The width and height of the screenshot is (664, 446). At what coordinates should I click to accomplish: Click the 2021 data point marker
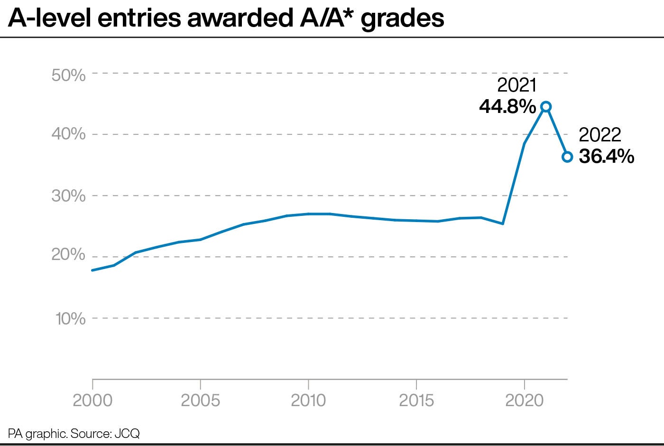(x=546, y=107)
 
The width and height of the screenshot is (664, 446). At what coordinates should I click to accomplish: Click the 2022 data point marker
(x=567, y=157)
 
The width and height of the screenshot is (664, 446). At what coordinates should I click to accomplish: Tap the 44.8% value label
(x=507, y=107)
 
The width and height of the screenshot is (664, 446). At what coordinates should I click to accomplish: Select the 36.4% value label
(x=607, y=156)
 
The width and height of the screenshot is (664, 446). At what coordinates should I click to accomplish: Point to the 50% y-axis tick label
(x=68, y=74)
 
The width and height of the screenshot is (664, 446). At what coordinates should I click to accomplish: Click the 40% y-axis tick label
(x=68, y=134)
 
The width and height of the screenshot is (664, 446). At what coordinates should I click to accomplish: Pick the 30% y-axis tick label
(x=68, y=195)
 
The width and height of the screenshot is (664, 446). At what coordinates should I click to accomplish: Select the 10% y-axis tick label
(x=70, y=318)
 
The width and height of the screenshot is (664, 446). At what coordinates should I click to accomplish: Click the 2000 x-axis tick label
(x=93, y=400)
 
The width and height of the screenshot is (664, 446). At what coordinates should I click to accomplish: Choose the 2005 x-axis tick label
(x=201, y=400)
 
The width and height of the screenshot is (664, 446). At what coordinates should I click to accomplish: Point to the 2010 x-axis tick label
(x=308, y=400)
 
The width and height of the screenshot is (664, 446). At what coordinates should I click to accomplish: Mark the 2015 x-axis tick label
(x=416, y=400)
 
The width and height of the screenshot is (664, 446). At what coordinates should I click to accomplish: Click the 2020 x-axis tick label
(x=524, y=400)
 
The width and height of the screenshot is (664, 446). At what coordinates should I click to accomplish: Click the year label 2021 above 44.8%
(x=516, y=85)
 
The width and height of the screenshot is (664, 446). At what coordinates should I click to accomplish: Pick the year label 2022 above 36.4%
(x=600, y=135)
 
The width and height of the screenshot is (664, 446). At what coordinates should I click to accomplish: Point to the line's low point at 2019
(x=502, y=223)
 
